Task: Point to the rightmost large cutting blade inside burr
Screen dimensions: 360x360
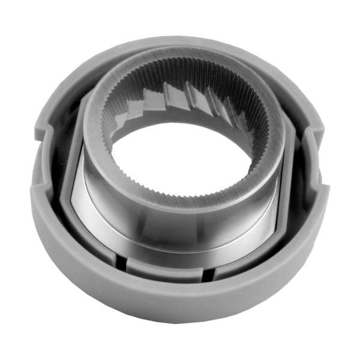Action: [231, 108]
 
